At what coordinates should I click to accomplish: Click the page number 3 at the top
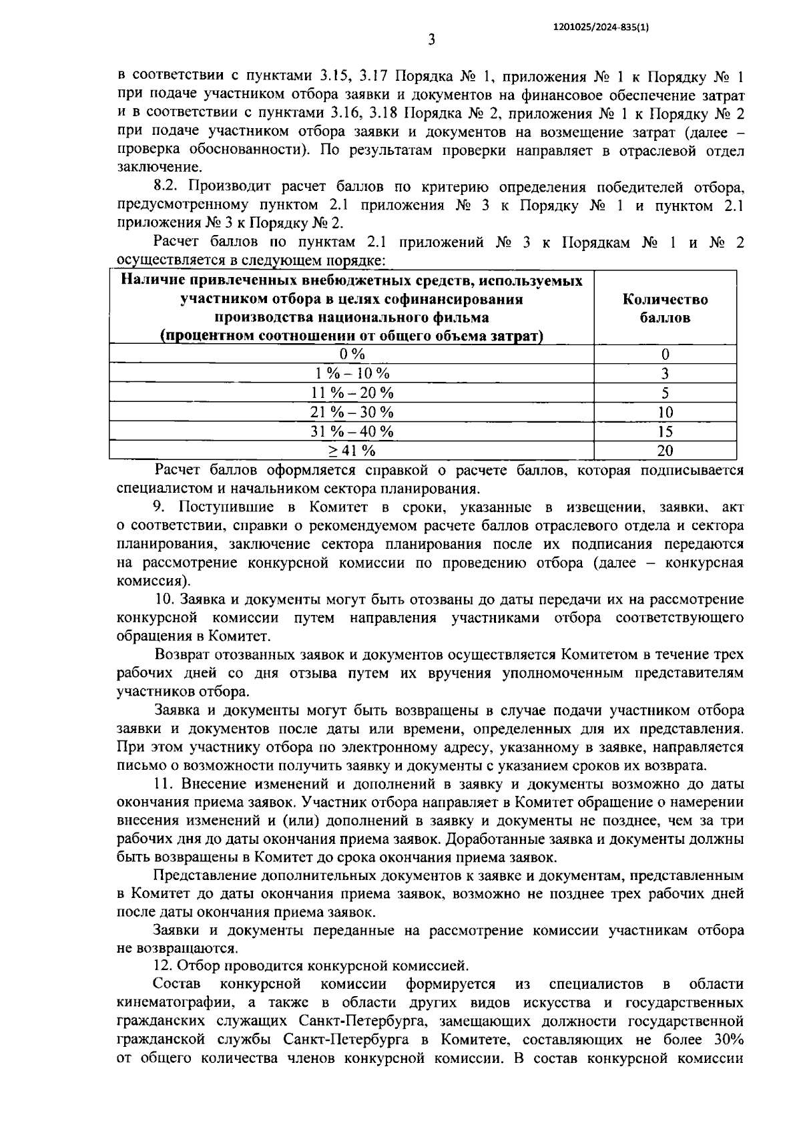(x=431, y=40)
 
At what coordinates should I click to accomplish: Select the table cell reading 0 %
(x=352, y=355)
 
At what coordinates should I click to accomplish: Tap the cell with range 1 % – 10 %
(x=352, y=374)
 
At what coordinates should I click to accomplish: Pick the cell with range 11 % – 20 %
(x=352, y=393)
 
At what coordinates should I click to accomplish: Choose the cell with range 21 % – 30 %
(x=352, y=413)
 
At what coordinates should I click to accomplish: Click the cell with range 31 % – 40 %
(x=352, y=432)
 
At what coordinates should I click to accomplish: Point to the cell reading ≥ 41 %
(x=352, y=451)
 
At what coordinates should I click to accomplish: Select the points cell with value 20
(x=665, y=451)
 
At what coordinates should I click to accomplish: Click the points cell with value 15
(x=665, y=432)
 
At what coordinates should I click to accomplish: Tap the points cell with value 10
(x=665, y=413)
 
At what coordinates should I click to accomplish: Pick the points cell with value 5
(x=665, y=393)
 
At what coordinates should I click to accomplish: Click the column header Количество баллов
(x=665, y=308)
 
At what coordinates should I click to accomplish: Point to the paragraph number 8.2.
(x=165, y=186)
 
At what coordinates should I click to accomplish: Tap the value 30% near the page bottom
(x=727, y=1040)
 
